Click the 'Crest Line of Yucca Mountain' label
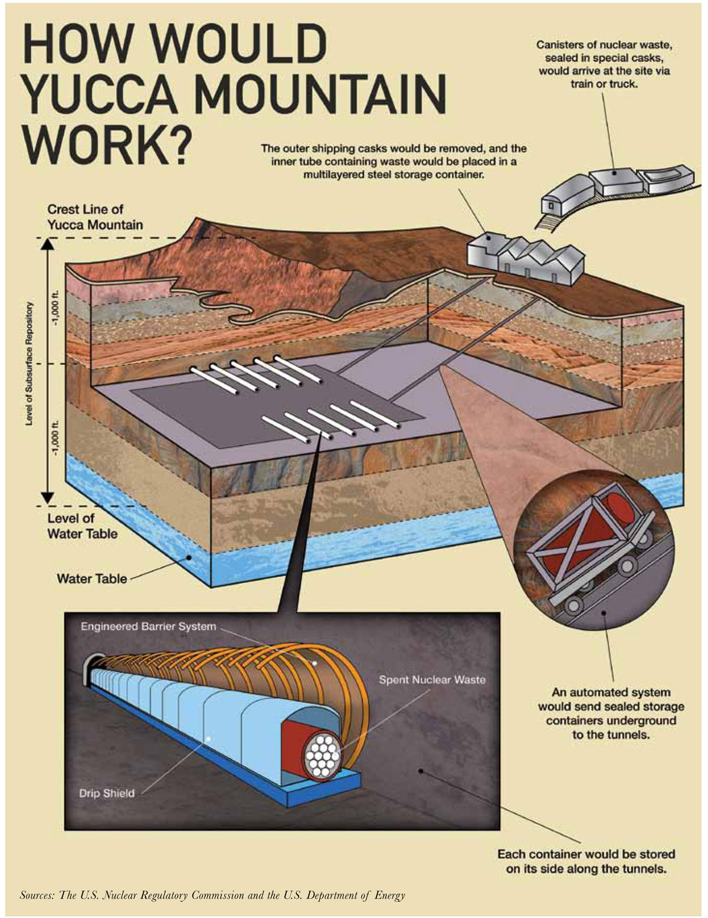point(95,217)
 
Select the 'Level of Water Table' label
point(82,526)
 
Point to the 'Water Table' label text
point(91,579)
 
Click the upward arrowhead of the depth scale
point(48,244)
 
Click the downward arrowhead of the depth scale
point(48,497)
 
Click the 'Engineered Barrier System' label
point(148,626)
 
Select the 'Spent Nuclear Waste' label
point(432,679)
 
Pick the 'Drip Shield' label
point(107,793)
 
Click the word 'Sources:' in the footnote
point(38,895)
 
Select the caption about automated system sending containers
point(611,713)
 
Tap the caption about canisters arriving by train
point(604,64)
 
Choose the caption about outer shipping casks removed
point(394,161)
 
